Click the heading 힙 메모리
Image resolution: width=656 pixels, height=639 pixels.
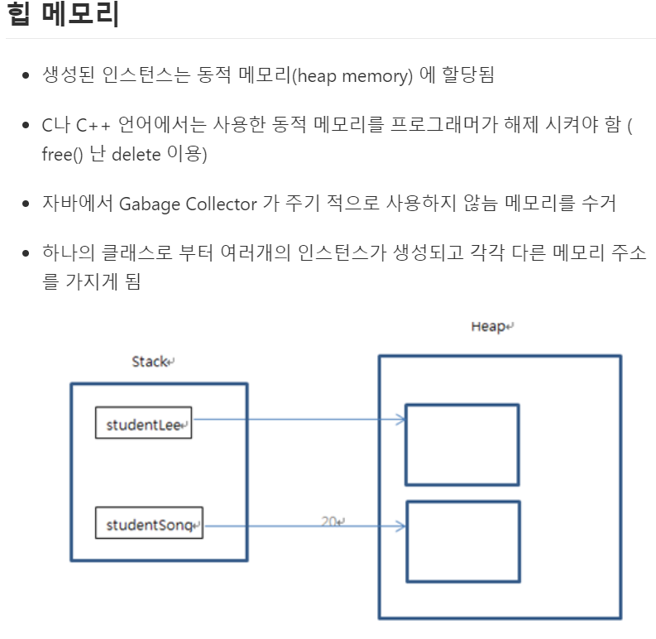(63, 15)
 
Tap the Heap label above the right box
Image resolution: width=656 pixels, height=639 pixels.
(491, 326)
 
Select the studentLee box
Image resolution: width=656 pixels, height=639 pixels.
(144, 423)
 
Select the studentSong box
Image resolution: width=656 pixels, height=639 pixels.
(150, 524)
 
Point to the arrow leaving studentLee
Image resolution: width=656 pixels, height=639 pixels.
(298, 419)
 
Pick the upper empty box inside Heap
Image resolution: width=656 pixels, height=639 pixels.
(462, 444)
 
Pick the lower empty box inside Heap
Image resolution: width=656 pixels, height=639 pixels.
(462, 541)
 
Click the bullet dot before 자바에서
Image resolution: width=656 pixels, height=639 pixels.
(26, 204)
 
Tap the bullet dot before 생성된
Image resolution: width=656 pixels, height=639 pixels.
(26, 76)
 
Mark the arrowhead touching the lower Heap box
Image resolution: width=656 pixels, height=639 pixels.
(400, 526)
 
